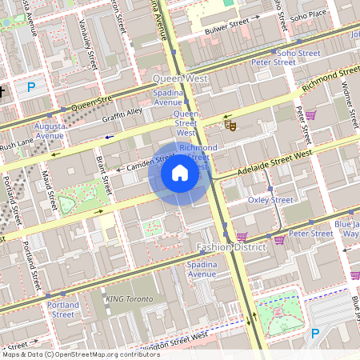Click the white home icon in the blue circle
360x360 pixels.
coord(180,173)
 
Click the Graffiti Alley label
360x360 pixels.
coord(122,116)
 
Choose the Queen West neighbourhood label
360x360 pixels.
coord(180,79)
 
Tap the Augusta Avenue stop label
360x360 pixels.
coord(50,130)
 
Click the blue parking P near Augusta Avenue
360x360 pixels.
coord(31,86)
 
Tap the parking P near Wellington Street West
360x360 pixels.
coord(315,334)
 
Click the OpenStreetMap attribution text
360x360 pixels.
coord(80,354)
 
